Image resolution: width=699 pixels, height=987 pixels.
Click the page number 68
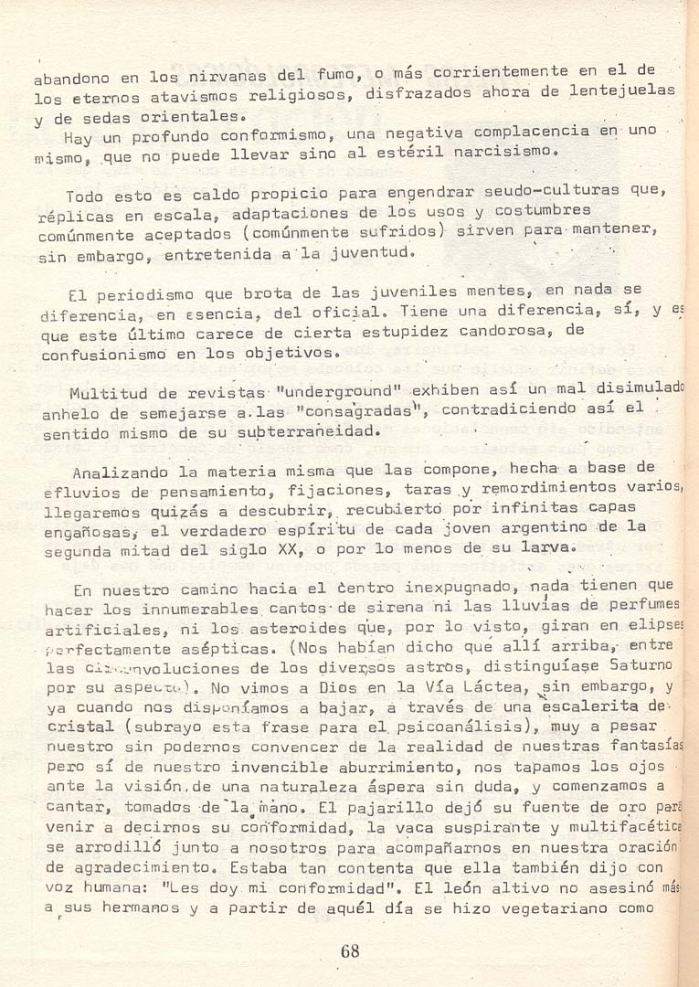349,951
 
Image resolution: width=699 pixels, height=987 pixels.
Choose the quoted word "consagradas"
370,411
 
